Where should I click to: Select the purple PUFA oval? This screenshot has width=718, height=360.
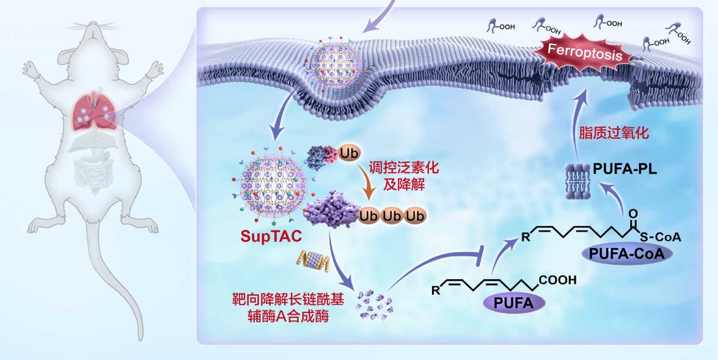coord(514,301)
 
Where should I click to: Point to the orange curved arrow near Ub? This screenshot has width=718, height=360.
coord(368,183)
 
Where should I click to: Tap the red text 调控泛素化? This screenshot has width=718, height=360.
coord(403,166)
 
